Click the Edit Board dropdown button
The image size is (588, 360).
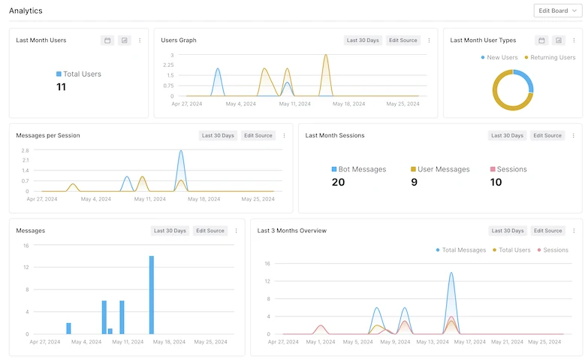554,11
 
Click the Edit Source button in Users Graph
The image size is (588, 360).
403,41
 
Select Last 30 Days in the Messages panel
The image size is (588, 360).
170,231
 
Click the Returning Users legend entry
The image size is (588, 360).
550,57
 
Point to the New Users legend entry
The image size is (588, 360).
499,57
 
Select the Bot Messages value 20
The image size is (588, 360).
338,182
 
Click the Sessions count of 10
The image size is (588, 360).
496,182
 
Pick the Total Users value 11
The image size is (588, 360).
62,87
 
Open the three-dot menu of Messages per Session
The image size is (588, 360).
284,136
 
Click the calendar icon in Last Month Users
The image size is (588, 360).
107,41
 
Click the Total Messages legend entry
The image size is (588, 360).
460,250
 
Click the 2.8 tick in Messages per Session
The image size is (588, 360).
25,150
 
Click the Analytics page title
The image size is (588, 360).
26,11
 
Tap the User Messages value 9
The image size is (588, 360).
414,182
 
